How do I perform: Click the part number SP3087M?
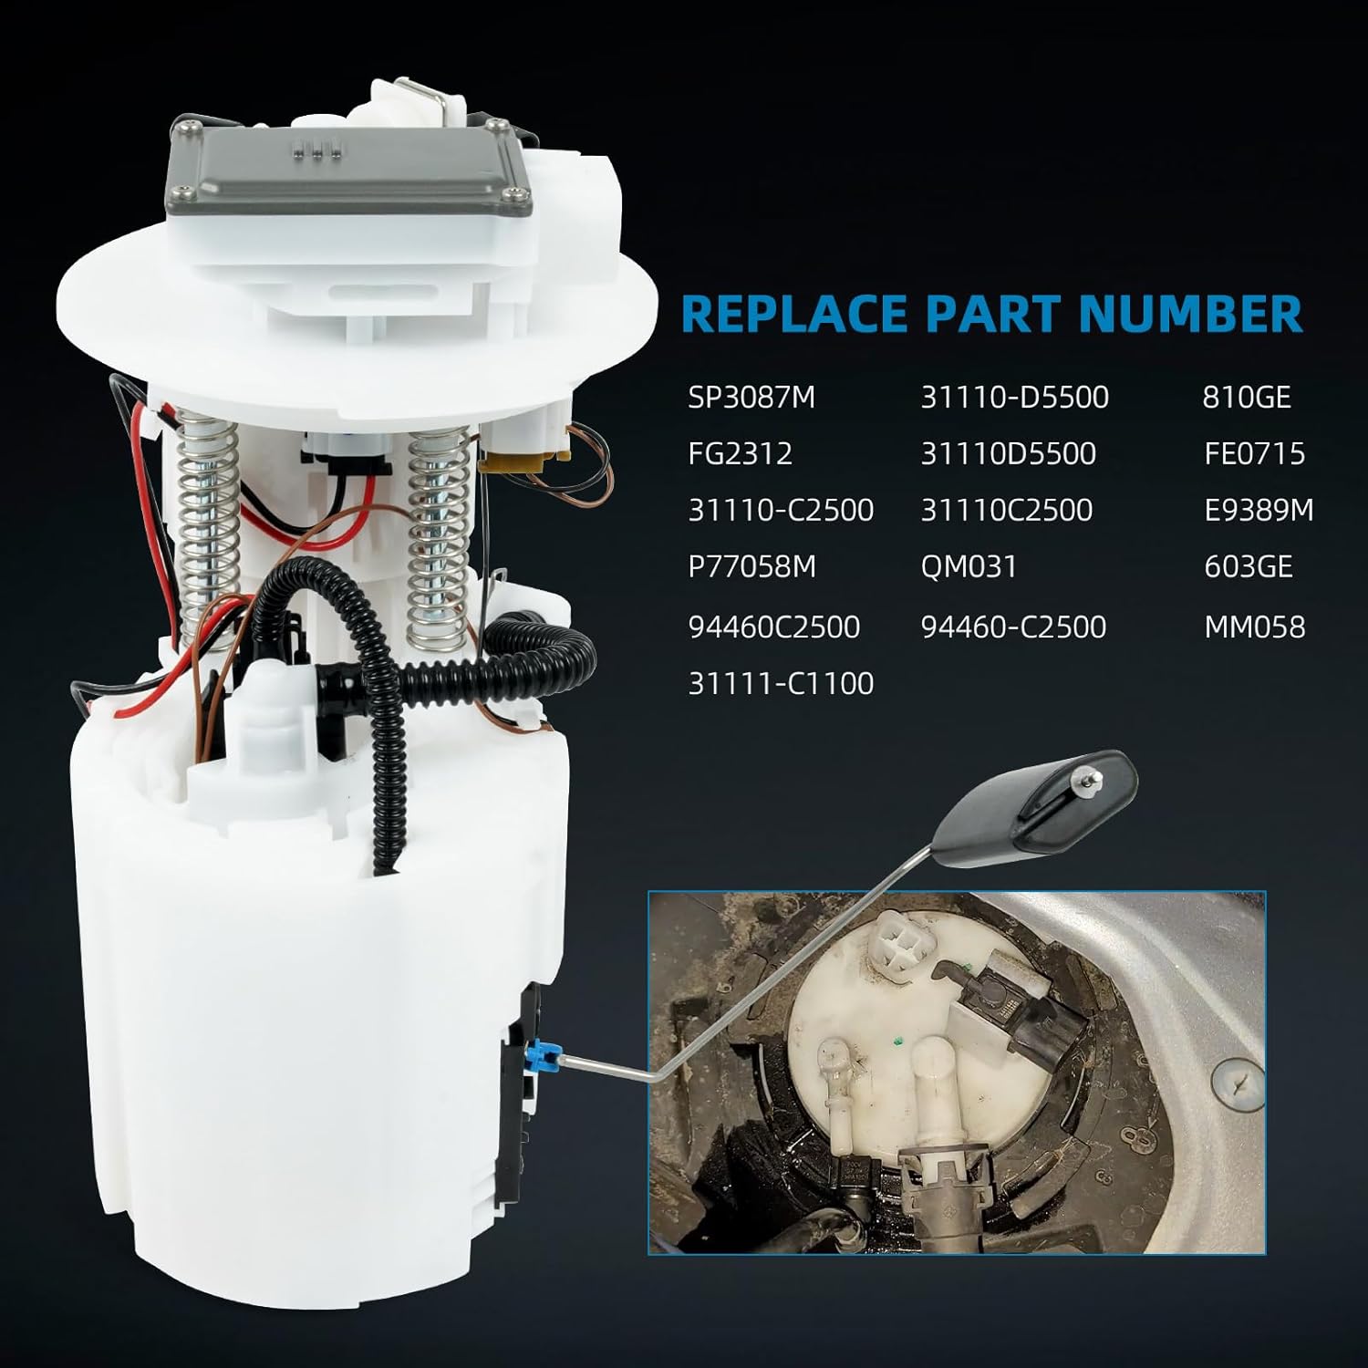click(x=751, y=398)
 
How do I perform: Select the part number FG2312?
click(x=740, y=453)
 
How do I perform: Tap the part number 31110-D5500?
click(x=1014, y=398)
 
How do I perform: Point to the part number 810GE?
click(x=1247, y=398)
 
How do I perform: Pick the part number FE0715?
click(x=1254, y=453)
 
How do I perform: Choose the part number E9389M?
click(x=1259, y=510)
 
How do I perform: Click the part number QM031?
click(x=969, y=566)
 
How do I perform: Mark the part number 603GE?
click(x=1248, y=566)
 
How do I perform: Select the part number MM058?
click(x=1254, y=627)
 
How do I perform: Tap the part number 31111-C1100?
click(x=781, y=683)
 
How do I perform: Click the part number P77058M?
click(x=751, y=566)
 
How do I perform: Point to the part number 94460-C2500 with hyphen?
click(x=1013, y=627)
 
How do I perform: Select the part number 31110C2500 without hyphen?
click(x=1006, y=510)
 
